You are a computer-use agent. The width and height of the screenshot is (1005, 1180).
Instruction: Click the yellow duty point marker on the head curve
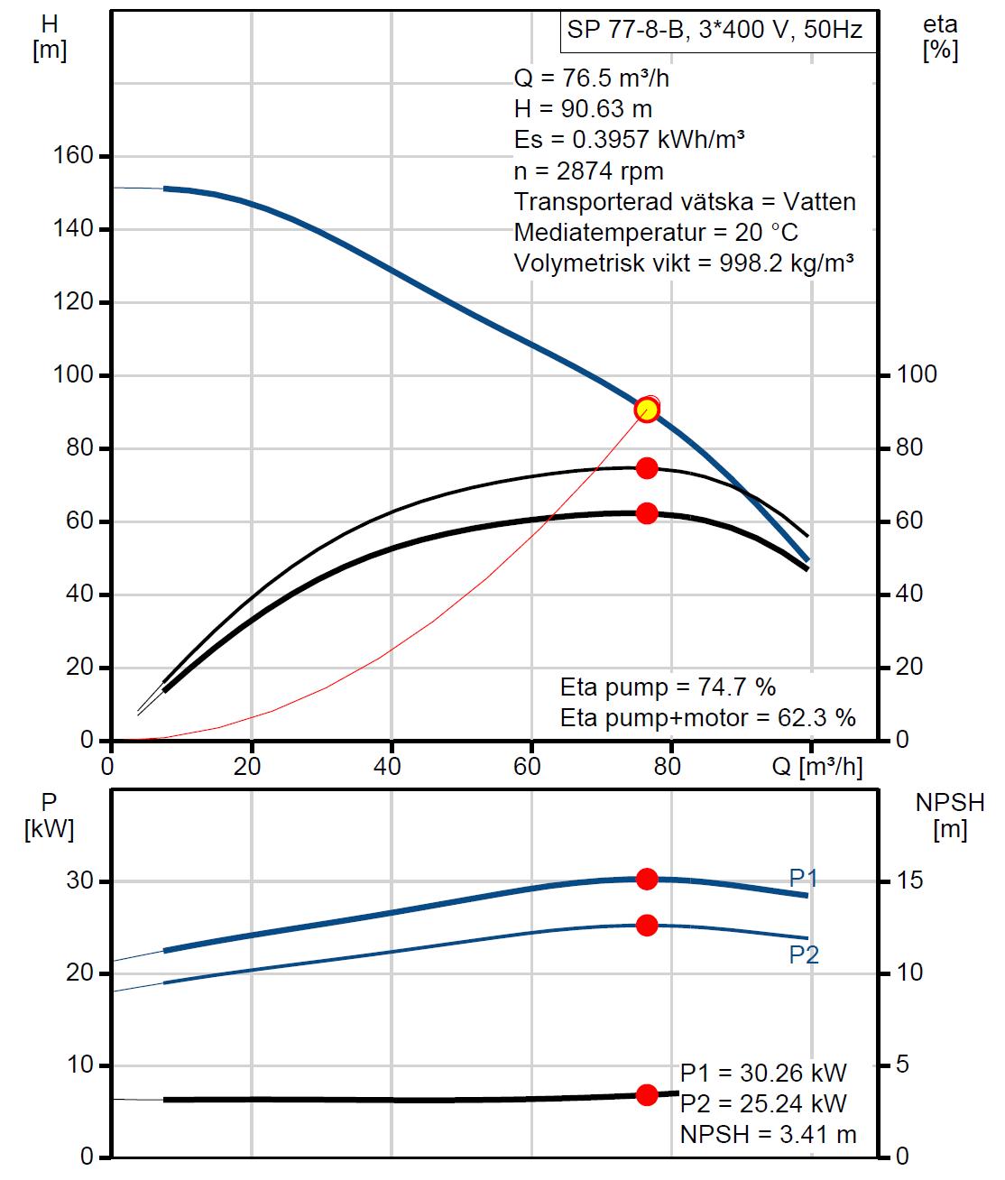coord(647,410)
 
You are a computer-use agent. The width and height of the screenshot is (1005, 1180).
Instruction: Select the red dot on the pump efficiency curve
coord(647,467)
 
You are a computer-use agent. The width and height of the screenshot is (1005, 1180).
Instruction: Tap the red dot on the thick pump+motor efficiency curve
coord(647,513)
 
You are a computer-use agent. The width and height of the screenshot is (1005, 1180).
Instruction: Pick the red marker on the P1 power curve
coord(647,879)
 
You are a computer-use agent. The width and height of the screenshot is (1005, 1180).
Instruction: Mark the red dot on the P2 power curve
coord(647,925)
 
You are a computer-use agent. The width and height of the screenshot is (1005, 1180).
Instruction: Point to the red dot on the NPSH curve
coord(647,1094)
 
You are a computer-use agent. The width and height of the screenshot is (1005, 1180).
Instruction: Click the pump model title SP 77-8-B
coord(715,30)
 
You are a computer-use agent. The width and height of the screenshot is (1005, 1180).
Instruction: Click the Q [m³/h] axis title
coord(817,767)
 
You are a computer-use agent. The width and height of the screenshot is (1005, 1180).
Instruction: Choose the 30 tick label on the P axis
coord(79,880)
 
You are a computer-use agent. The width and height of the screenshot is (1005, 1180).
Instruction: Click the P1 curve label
coord(803,878)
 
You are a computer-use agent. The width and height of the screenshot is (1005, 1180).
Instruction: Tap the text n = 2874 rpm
coord(588,171)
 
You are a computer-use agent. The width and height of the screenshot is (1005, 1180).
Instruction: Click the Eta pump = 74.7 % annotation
coord(668,687)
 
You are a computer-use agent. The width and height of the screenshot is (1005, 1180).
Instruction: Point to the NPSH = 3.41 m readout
coord(769,1134)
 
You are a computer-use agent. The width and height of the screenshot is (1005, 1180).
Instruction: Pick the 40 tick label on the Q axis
coord(391,767)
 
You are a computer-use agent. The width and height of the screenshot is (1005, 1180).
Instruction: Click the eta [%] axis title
coord(940,38)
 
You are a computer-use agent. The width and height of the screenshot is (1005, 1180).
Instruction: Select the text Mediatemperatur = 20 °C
coord(656,232)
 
